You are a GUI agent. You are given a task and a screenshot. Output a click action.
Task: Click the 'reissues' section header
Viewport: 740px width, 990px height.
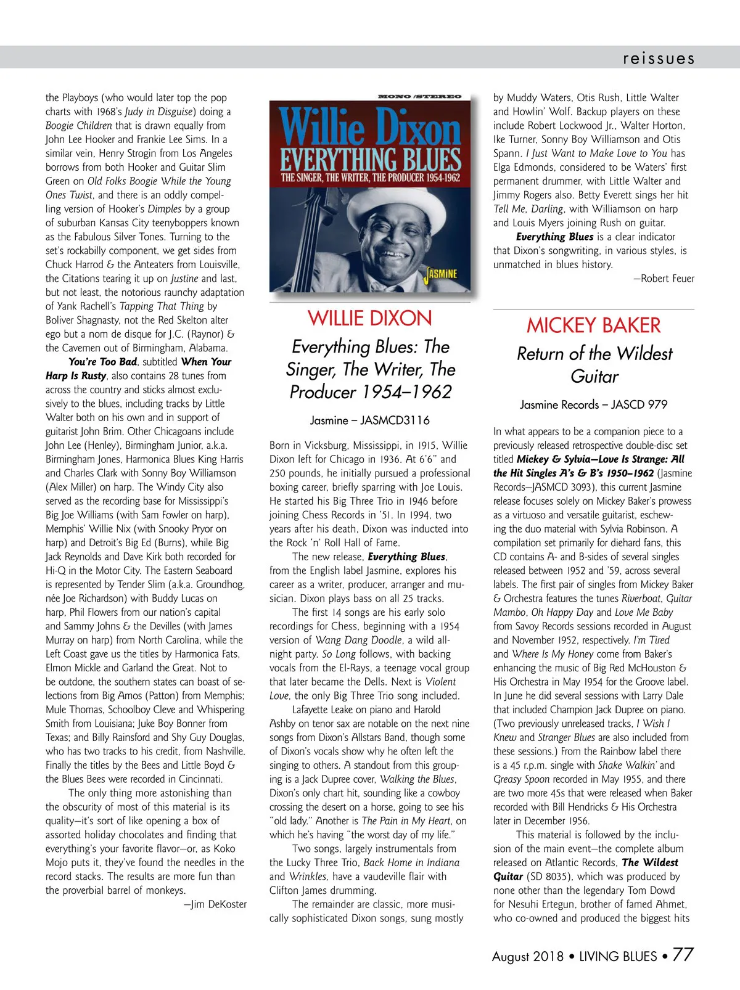pos(658,59)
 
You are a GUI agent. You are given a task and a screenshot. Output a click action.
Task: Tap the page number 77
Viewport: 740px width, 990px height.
pos(683,954)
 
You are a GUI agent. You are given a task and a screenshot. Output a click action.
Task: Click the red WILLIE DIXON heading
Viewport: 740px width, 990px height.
pos(370,319)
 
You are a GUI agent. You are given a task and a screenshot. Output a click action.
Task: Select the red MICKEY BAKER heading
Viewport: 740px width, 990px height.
pos(593,325)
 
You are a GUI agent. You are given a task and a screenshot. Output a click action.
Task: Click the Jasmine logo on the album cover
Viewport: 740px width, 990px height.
pos(441,273)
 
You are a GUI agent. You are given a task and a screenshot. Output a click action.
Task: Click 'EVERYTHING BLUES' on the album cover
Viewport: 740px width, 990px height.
pos(370,159)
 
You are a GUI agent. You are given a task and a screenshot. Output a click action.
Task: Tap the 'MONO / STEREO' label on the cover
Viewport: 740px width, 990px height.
pos(421,97)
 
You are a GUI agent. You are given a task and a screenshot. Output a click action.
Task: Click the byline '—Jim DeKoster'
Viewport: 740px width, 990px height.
pos(215,904)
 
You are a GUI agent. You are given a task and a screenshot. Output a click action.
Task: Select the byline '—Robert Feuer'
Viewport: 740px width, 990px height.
pos(664,278)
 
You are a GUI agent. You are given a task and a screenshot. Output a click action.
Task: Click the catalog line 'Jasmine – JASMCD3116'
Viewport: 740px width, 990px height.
pos(369,420)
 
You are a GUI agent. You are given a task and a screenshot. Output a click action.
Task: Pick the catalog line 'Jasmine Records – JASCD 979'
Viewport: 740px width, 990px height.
pos(593,405)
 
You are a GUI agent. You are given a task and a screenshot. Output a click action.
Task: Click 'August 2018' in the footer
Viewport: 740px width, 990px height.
pos(527,956)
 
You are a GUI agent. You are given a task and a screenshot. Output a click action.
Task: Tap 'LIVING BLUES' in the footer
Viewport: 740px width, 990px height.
pos(618,956)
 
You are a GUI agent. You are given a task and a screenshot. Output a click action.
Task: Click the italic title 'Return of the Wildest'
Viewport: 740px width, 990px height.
pos(594,354)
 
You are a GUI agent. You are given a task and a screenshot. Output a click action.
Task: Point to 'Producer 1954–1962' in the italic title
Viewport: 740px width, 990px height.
pos(371,392)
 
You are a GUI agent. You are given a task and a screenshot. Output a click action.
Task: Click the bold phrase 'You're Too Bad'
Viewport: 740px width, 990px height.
pos(102,362)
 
